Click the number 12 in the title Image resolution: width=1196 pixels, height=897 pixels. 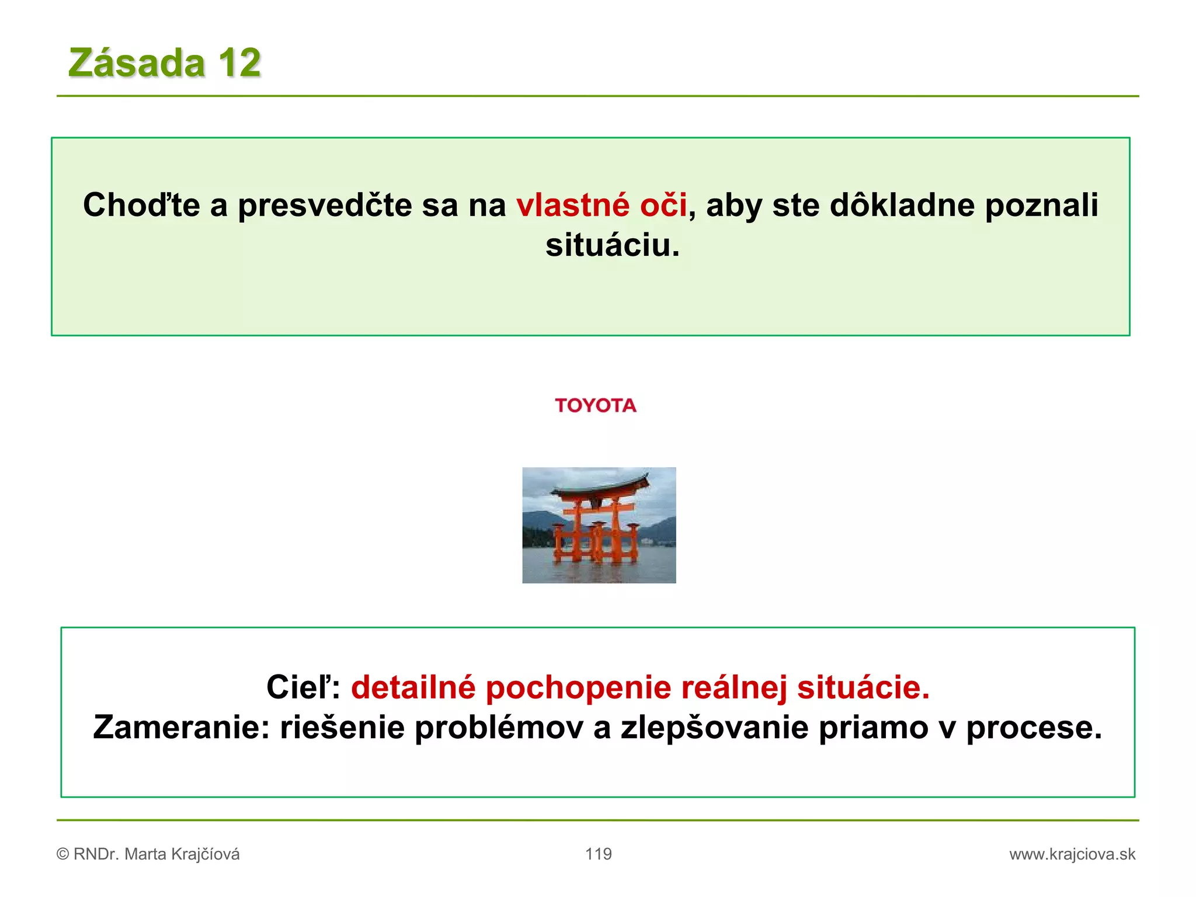(x=239, y=62)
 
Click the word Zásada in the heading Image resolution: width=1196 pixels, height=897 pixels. (x=137, y=62)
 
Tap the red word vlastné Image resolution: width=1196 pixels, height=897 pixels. (x=573, y=206)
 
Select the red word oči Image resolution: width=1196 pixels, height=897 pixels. (x=663, y=206)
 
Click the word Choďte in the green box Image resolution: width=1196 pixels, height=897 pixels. (x=141, y=206)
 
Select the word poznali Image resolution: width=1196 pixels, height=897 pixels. (x=1041, y=206)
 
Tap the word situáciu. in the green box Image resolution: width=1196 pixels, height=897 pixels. (x=613, y=245)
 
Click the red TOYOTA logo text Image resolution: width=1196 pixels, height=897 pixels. (x=596, y=405)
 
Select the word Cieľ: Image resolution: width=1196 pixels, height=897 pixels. (x=303, y=687)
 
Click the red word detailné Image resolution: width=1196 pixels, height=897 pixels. (x=413, y=687)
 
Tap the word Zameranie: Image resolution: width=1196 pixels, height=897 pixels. (x=181, y=728)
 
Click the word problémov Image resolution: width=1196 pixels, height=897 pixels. (x=499, y=728)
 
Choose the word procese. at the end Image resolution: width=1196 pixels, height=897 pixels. (x=1034, y=728)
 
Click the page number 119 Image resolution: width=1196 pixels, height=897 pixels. (x=599, y=854)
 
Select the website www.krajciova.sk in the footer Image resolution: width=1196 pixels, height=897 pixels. (x=1072, y=854)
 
